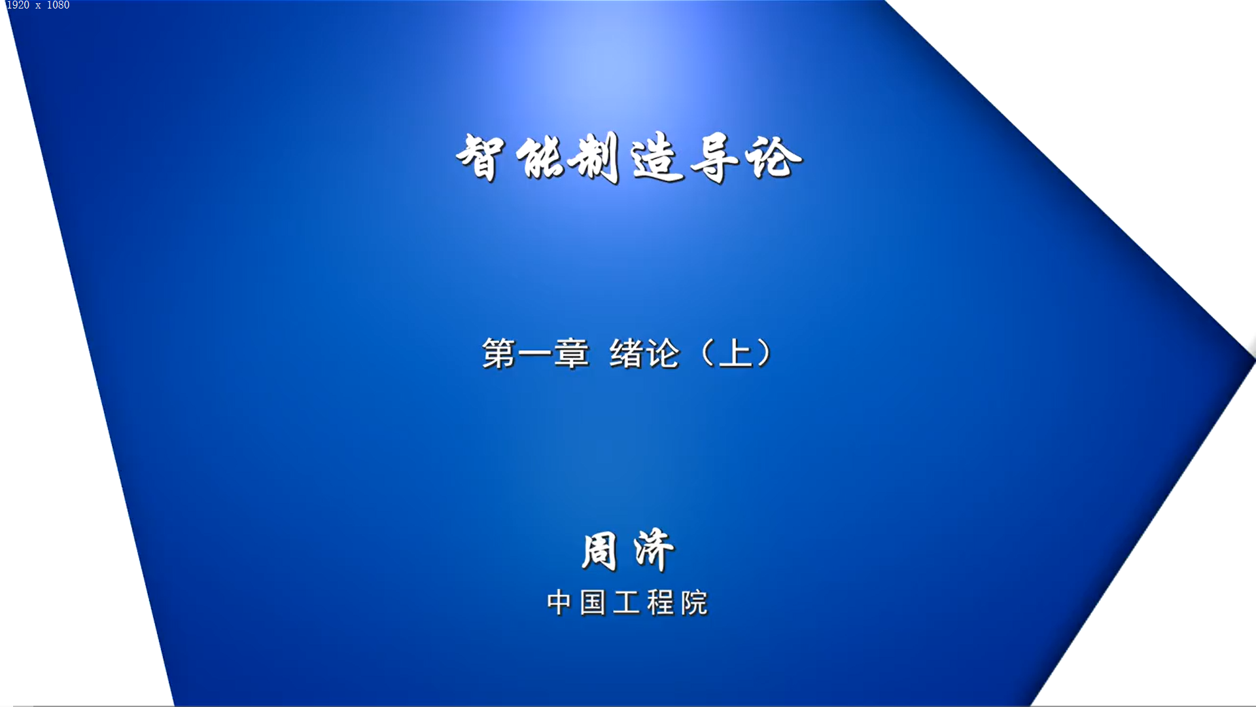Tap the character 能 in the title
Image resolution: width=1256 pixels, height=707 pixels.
(540, 157)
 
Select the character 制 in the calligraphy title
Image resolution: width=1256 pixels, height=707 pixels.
(594, 157)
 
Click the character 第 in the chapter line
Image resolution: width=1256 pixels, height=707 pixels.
(499, 353)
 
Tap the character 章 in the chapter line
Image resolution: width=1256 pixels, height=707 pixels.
(572, 353)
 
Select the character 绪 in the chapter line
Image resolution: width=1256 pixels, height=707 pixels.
(627, 353)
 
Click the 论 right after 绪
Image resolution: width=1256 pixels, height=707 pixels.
(663, 353)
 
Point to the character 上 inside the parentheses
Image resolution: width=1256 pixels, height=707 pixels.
(736, 353)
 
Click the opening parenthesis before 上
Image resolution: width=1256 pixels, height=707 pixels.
(707, 353)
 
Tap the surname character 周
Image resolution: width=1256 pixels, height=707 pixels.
(599, 551)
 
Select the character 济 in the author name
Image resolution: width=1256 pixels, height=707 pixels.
(654, 550)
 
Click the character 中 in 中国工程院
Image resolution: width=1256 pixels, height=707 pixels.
(559, 603)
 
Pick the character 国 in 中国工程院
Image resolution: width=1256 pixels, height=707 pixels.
(593, 603)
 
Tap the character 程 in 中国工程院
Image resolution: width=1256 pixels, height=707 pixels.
(661, 603)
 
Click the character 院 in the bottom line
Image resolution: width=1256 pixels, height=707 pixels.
(695, 603)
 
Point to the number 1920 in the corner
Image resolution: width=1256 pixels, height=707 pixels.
(18, 5)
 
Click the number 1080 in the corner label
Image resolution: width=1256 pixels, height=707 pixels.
(58, 5)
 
